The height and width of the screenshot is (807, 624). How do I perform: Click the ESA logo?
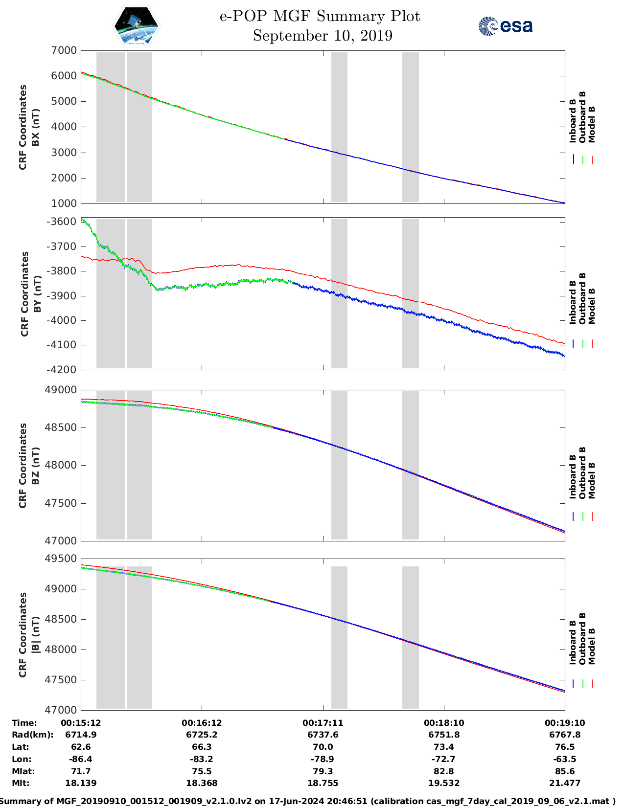point(505,26)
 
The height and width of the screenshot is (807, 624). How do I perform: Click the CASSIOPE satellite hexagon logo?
point(136,26)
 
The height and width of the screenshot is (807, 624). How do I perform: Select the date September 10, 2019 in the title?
point(323,36)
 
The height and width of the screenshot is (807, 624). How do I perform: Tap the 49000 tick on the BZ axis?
point(61,390)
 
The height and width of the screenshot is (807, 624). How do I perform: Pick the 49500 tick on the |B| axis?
point(61,559)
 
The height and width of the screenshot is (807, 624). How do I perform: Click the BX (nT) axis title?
point(35,127)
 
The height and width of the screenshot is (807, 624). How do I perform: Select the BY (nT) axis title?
point(37,294)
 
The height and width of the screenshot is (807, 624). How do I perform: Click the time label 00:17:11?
point(323,723)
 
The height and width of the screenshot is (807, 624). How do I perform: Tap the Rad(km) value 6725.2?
point(202,735)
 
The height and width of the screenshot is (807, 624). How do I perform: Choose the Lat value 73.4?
point(444,747)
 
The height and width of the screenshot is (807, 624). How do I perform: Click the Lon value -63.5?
point(565,759)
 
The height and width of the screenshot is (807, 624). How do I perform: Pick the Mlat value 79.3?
point(323,771)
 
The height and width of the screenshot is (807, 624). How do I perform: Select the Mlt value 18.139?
point(81,783)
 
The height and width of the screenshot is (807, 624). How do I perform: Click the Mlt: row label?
point(21,783)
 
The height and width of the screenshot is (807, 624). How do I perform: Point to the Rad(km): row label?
point(32,735)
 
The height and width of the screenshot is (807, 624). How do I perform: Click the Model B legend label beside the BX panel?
point(592,124)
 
